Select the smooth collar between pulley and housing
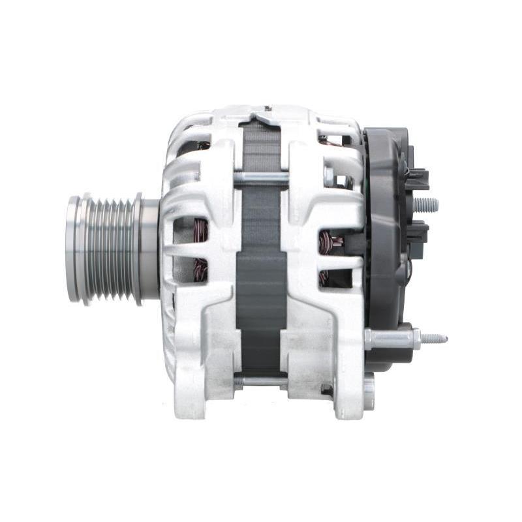(x=149, y=250)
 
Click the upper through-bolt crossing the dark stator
(x=261, y=177)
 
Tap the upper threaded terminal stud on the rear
(x=425, y=205)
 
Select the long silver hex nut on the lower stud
(x=391, y=339)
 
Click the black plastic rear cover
(x=385, y=261)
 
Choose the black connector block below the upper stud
(x=418, y=231)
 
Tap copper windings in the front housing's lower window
(x=201, y=269)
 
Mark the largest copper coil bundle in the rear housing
(x=330, y=243)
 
